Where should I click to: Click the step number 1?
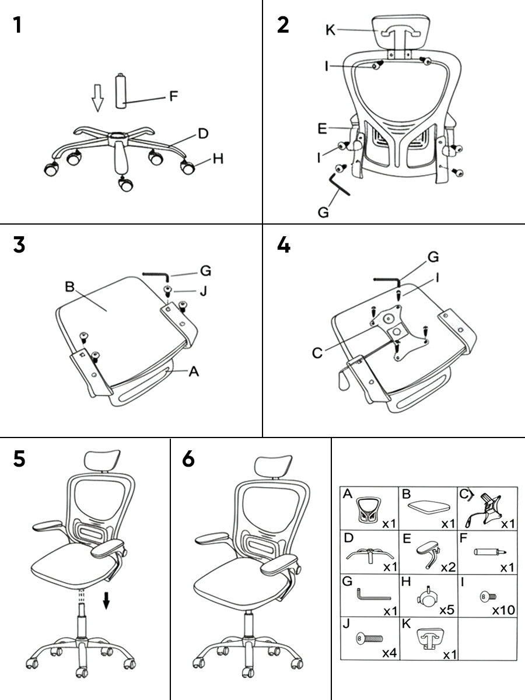point(19,26)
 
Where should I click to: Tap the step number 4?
point(283,245)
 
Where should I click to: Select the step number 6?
point(188,459)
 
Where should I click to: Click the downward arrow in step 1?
point(97,96)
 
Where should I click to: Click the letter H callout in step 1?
point(218,158)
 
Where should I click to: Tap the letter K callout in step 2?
point(331,30)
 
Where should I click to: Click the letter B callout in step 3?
point(69,287)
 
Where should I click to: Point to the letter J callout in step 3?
point(203,290)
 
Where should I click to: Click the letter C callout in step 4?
point(317,353)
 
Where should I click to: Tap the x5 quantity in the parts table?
point(446,610)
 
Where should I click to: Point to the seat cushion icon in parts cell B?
point(431,506)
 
